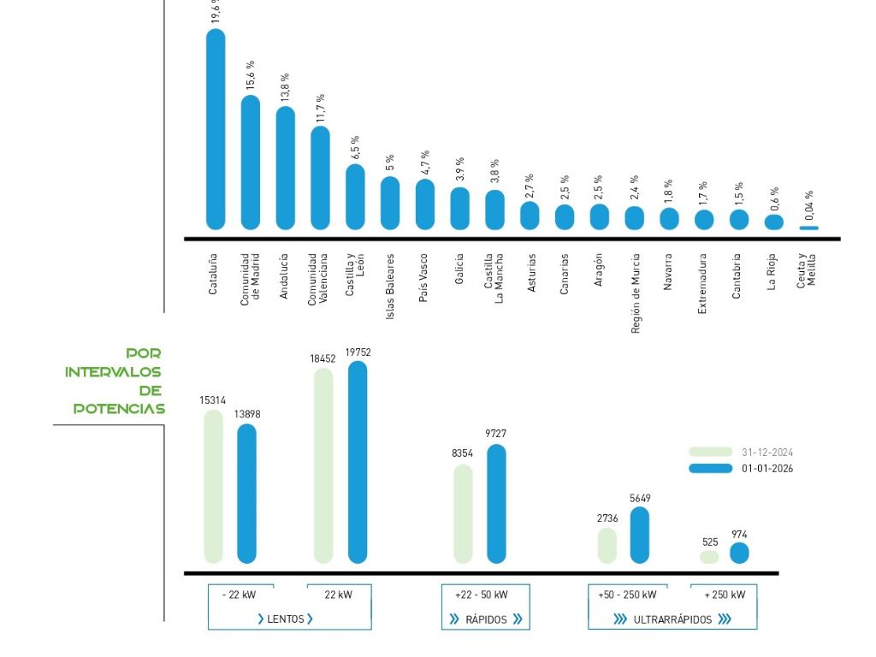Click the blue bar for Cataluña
216,128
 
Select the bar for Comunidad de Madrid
250,163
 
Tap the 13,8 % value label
285,88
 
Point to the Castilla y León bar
355,197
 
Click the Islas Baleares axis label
390,286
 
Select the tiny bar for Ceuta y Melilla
808,228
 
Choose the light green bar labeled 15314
214,486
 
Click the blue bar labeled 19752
358,462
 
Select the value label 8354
463,453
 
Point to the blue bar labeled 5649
640,536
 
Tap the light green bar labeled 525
709,557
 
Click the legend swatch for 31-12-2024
711,452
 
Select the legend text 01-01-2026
767,468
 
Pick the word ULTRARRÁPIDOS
672,619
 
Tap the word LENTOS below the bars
286,619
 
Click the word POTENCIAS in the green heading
119,409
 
